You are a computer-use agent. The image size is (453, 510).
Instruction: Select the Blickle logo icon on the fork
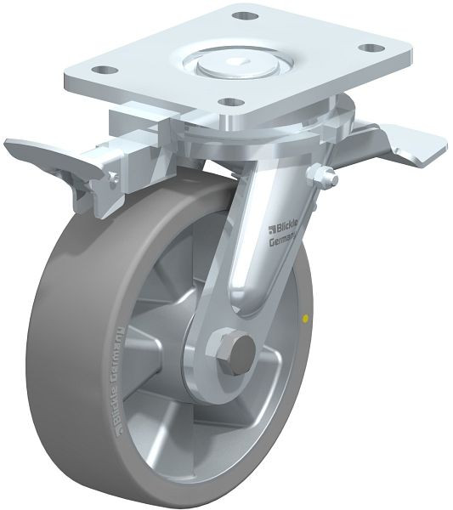270,225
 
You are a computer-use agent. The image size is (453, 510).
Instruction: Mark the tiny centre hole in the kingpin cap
234,61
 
